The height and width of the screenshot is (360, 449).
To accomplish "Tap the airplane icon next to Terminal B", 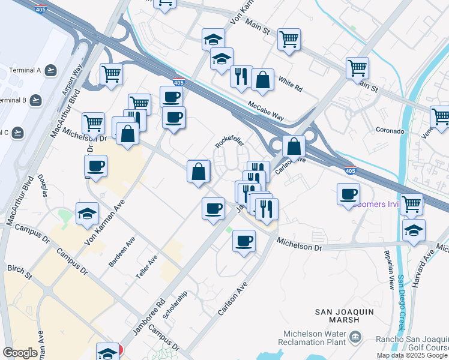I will coord(37,100).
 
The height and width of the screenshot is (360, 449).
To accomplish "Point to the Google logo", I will coord(20,353).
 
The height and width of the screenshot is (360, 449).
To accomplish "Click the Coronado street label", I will coord(390,130).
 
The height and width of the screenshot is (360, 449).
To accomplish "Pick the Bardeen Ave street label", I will coord(122,252).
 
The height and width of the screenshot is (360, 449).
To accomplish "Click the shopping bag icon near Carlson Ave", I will coord(294,146).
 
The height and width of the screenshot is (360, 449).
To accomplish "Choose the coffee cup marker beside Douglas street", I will coord(96,166).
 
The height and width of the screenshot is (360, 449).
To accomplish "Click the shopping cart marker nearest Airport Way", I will coord(111,74).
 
